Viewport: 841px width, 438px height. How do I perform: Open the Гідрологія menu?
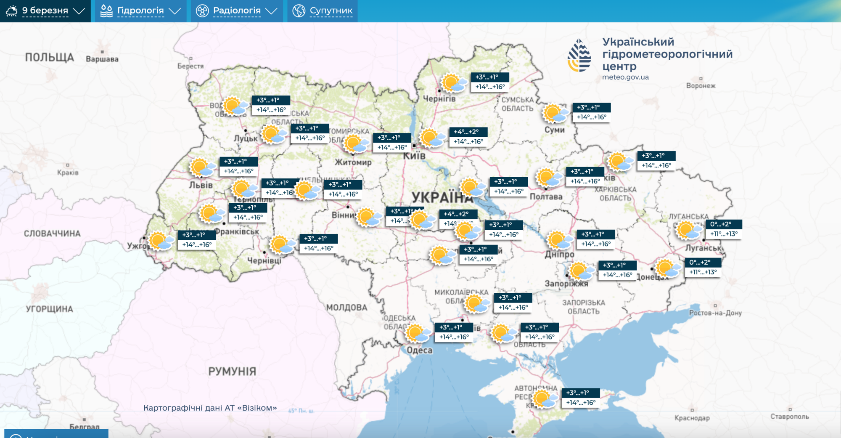[x=140, y=11]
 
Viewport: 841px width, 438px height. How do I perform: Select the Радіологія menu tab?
[x=237, y=11]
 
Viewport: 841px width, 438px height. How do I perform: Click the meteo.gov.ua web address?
[x=625, y=77]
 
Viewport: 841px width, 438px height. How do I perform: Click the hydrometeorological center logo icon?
[x=579, y=55]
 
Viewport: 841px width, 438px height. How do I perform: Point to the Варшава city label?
[x=102, y=59]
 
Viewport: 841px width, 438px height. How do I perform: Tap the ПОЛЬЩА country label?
[x=50, y=57]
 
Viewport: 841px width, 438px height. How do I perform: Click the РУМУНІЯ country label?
[x=232, y=371]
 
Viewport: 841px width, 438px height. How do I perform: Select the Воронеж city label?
[x=701, y=86]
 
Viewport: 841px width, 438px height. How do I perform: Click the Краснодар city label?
[x=692, y=418]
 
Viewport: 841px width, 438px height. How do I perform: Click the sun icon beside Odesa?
[x=417, y=333]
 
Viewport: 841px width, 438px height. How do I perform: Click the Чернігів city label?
[x=439, y=99]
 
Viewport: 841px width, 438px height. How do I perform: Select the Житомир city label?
[x=353, y=162]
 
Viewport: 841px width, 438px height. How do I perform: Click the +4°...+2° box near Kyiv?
[x=468, y=137]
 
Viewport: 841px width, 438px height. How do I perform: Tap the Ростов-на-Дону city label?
[x=715, y=313]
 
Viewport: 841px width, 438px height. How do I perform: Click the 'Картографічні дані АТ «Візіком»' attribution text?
[x=210, y=408]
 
